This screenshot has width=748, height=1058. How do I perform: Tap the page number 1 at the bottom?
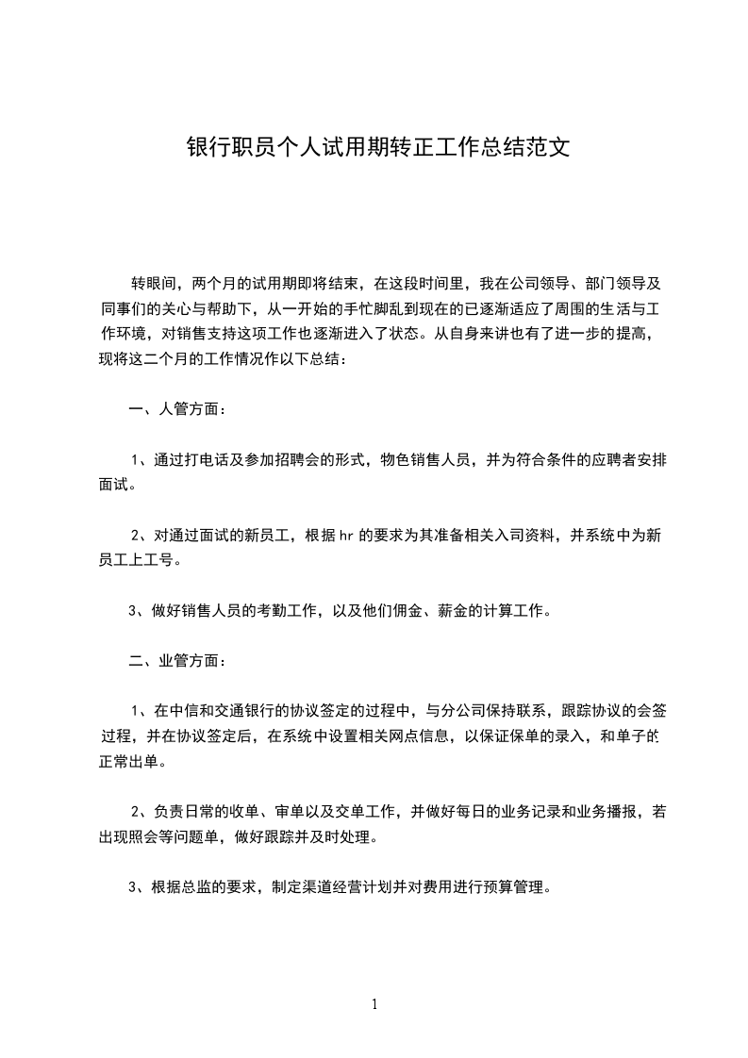coord(374,1004)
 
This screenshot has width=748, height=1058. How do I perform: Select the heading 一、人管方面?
coord(176,409)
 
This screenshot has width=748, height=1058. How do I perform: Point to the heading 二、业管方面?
coord(176,660)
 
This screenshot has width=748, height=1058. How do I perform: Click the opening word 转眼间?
coord(154,282)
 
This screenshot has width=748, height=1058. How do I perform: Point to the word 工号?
coord(159,560)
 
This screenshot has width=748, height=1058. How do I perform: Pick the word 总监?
coord(195,886)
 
